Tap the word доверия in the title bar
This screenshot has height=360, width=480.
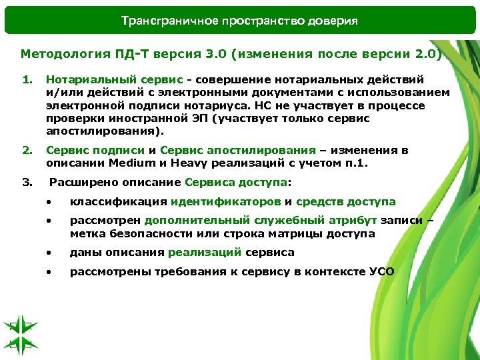pyautogui.click(x=333, y=21)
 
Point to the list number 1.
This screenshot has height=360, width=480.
pyautogui.click(x=27, y=80)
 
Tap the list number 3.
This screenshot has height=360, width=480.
pyautogui.click(x=27, y=181)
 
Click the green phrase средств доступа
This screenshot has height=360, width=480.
pyautogui.click(x=345, y=201)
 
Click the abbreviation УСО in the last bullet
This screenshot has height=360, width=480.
pyautogui.click(x=381, y=271)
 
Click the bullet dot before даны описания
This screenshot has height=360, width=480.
pyautogui.click(x=49, y=253)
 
